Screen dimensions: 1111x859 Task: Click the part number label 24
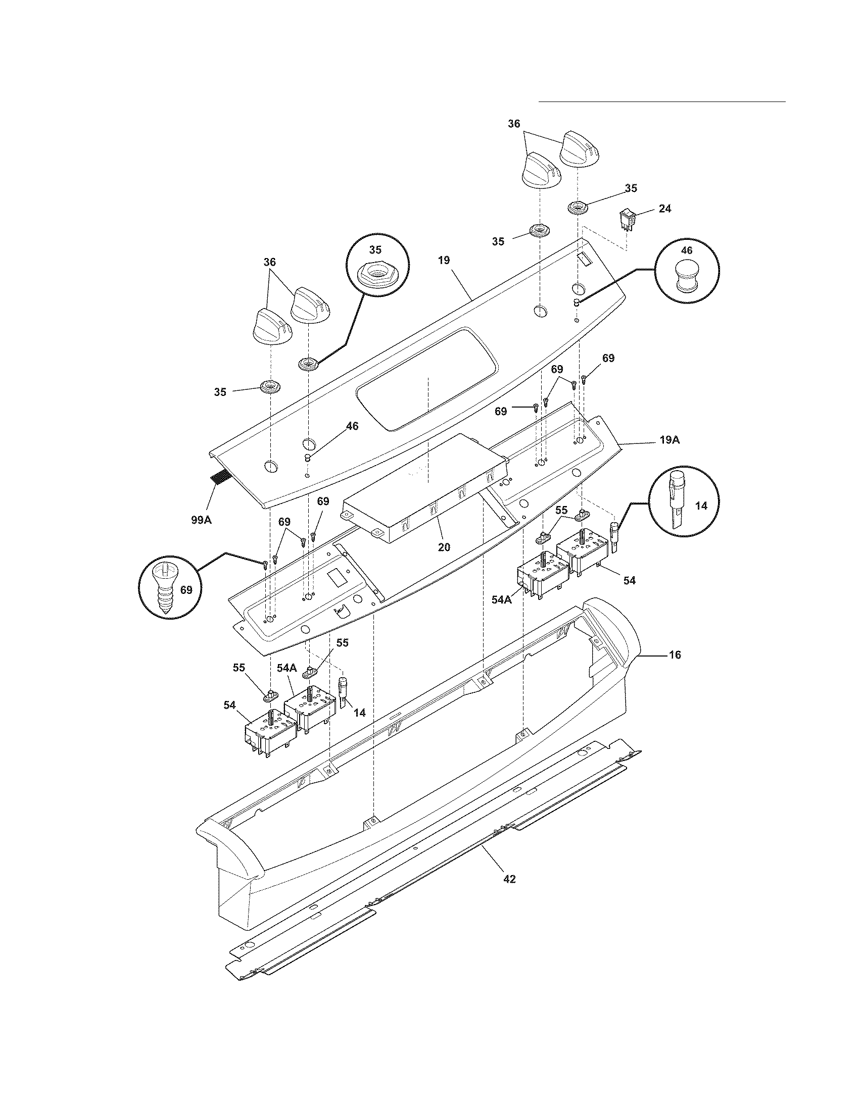pos(664,209)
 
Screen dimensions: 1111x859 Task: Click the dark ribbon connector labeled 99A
pos(219,477)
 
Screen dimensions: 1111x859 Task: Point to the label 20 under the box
pos(444,547)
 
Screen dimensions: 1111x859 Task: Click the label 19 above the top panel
pos(444,261)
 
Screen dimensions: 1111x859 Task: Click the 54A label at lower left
pos(287,668)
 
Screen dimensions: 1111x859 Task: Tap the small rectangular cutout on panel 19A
pos(337,577)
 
